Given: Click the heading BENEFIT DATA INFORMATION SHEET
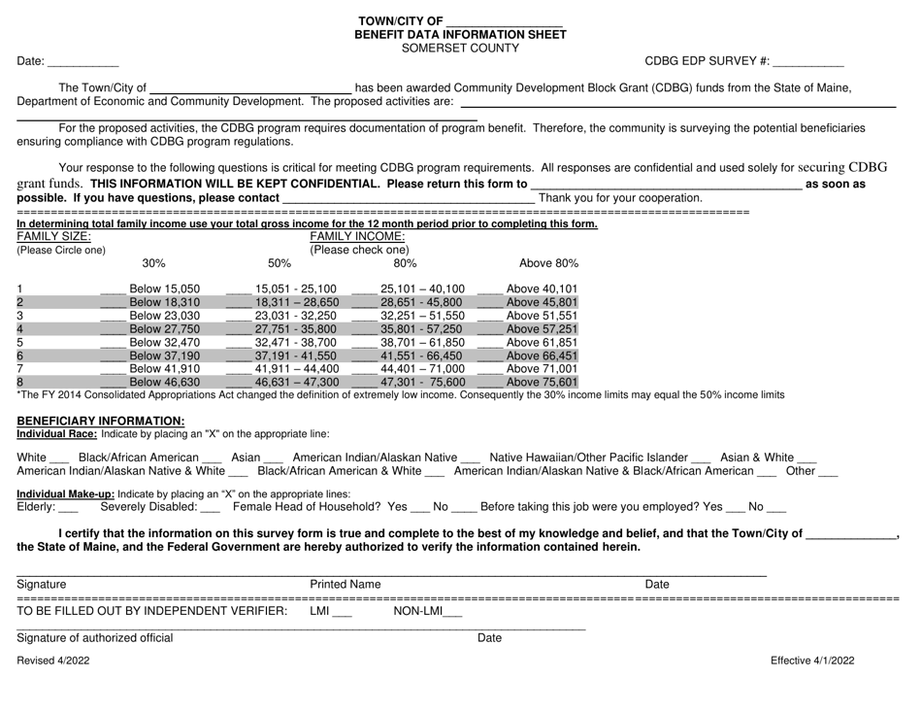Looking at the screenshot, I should tap(460, 34).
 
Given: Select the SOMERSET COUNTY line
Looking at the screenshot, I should tap(461, 48).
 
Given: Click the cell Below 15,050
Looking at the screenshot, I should tap(165, 288).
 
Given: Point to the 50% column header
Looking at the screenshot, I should tap(279, 263).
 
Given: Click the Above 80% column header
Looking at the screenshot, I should tap(548, 263).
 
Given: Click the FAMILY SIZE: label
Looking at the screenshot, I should tap(54, 236).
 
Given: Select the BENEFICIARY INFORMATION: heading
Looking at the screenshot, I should tap(94, 420).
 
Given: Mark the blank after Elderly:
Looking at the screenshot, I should tap(68, 507).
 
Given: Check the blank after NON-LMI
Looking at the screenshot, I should tap(452, 612).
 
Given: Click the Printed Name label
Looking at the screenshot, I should tap(345, 584).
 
